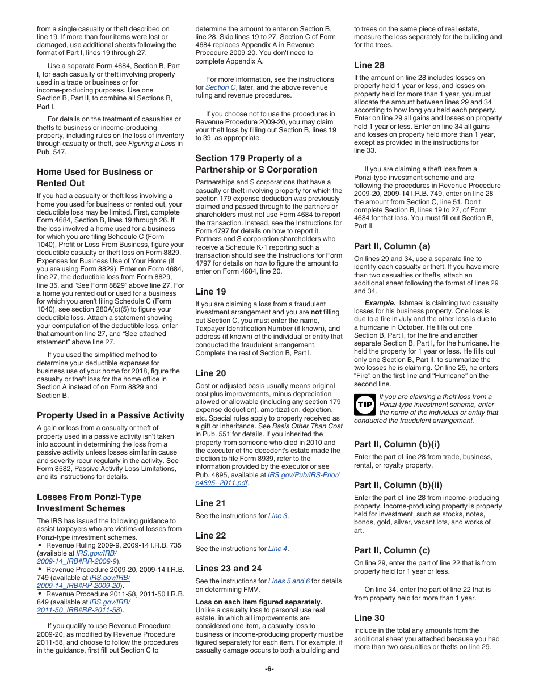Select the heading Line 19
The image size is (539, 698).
210,292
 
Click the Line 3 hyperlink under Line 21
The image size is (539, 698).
277,516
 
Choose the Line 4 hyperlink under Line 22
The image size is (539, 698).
277,549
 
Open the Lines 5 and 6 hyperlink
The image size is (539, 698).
289,581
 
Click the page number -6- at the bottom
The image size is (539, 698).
269,668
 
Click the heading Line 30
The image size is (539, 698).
369,618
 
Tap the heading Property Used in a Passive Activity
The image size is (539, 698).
111,415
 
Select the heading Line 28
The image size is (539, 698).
369,65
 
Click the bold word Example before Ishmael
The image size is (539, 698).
380,303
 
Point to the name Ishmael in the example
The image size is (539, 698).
412,303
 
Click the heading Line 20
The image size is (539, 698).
210,373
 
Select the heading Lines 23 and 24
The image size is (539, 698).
229,568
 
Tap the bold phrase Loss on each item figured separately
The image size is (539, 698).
259,602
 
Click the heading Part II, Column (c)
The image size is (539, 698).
392,550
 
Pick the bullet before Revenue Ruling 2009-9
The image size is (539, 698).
40,545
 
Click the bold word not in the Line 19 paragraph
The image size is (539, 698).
317,312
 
